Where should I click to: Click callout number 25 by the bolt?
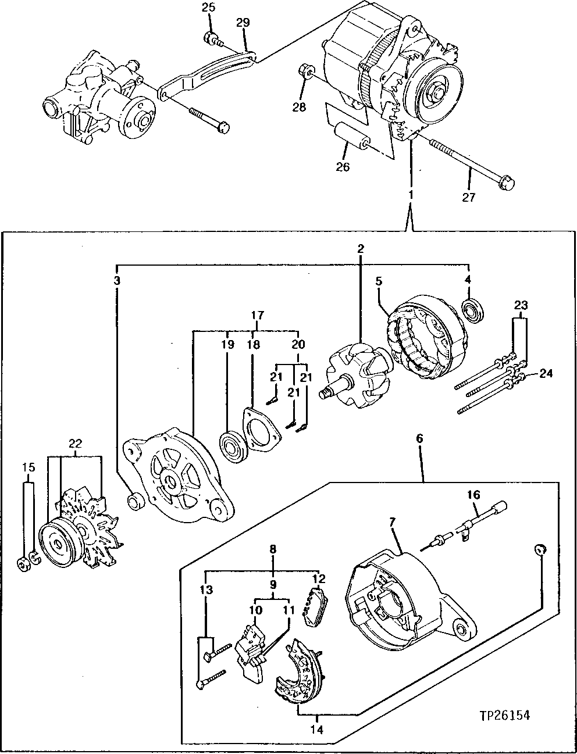tap(208, 8)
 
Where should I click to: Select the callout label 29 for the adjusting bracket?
tap(243, 23)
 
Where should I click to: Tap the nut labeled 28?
tap(305, 72)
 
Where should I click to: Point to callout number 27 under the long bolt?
tap(468, 197)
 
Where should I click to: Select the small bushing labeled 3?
tap(136, 501)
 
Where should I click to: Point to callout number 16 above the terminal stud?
tap(474, 495)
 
